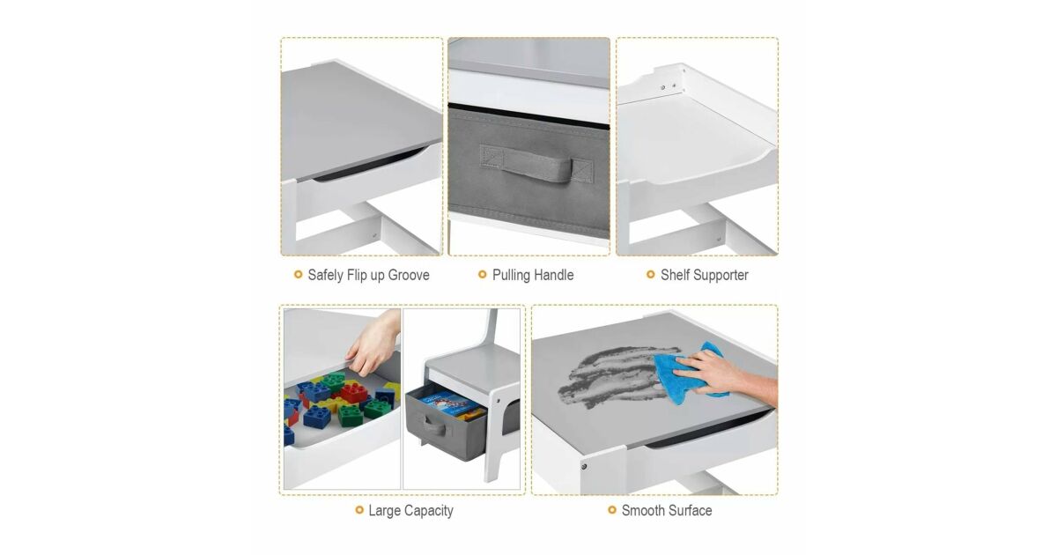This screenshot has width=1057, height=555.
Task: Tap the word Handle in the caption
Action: pyautogui.click(x=551, y=275)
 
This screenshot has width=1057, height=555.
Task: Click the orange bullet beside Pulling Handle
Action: pyautogui.click(x=483, y=275)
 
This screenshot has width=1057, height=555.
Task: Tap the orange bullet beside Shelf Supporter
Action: pyautogui.click(x=651, y=275)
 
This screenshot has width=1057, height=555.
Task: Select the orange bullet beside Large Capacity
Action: pyautogui.click(x=359, y=510)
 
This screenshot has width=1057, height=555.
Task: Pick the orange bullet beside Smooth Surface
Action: pyautogui.click(x=612, y=510)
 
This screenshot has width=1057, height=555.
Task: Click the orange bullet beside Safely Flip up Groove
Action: pyautogui.click(x=299, y=275)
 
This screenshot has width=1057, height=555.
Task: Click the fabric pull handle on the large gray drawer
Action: pyautogui.click(x=536, y=163)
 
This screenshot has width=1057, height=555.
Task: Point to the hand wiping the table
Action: pyautogui.click(x=724, y=374)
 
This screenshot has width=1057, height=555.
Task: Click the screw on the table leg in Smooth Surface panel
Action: pyautogui.click(x=584, y=467)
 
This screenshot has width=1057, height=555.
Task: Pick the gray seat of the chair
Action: pyautogui.click(x=467, y=363)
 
